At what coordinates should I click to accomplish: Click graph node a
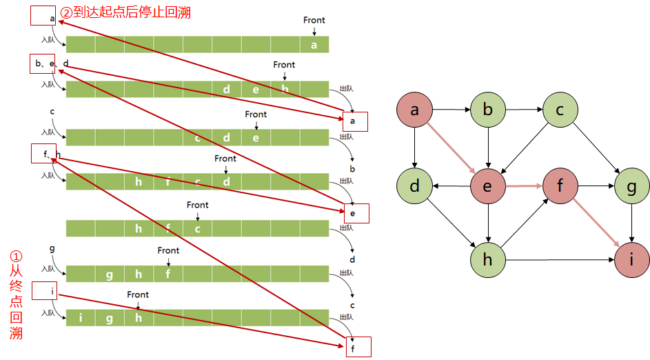[x=414, y=110]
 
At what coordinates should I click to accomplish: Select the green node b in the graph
[x=488, y=110]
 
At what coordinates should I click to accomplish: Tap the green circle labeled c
[x=560, y=110]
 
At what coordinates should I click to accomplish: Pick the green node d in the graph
[x=414, y=186]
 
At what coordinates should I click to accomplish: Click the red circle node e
[x=488, y=186]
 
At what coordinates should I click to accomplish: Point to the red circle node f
[x=560, y=186]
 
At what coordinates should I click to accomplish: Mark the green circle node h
[x=488, y=260]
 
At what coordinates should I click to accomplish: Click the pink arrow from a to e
[x=451, y=148]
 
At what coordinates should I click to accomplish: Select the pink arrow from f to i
[x=596, y=223]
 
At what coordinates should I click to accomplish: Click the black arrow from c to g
[x=596, y=148]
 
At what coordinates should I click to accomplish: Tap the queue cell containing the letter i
[x=81, y=318]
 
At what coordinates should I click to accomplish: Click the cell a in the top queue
[x=314, y=45]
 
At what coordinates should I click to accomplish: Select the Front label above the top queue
[x=314, y=20]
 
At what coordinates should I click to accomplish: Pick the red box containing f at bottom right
[x=358, y=347]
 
